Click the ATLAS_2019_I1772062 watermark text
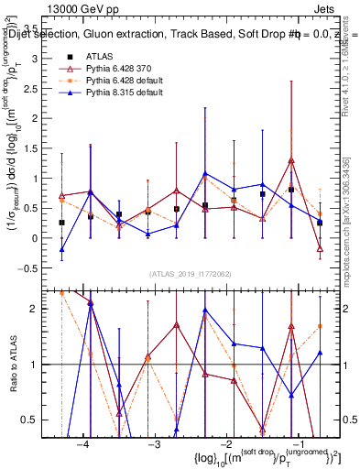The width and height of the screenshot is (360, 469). (x=190, y=274)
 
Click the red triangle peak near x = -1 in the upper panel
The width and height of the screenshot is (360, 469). (x=291, y=160)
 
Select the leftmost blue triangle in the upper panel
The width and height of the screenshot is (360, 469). (x=62, y=249)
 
